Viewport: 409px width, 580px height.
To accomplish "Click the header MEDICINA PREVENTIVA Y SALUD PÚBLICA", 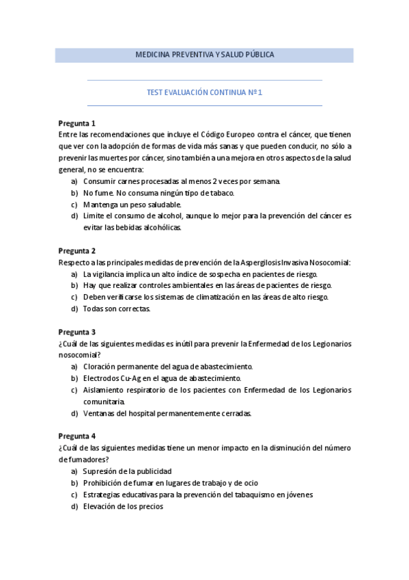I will [x=204, y=55].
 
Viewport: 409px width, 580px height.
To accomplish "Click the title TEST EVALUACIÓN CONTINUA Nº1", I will [x=204, y=92].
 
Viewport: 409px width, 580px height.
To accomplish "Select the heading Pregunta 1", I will [x=76, y=124].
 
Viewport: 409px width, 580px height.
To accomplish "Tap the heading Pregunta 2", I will [x=76, y=250].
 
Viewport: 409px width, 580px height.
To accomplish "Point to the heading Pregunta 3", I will [x=76, y=332].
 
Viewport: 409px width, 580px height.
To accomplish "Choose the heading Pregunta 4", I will [x=76, y=436].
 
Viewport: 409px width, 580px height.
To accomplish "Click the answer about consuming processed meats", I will [x=182, y=181].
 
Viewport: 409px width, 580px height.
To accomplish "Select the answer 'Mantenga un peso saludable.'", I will [x=132, y=205].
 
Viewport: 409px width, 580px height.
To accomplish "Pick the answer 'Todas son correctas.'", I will [x=117, y=308].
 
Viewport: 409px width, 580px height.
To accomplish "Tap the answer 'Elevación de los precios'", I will [x=123, y=506].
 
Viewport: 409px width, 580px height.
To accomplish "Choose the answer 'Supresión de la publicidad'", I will [x=127, y=471].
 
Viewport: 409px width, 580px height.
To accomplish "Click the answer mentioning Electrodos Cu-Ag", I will [x=162, y=378].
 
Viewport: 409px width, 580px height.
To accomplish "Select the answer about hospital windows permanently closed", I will [x=167, y=413].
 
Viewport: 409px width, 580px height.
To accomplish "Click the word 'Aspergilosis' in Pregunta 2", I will [x=262, y=262].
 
